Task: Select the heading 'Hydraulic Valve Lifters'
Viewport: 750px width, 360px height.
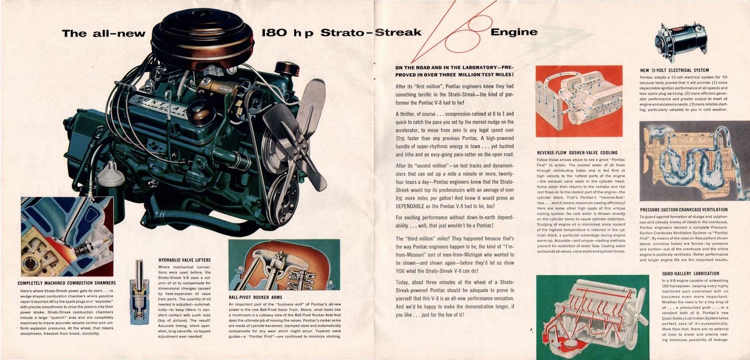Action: [x=184, y=260]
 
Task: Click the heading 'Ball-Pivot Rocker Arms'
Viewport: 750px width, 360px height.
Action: [x=255, y=297]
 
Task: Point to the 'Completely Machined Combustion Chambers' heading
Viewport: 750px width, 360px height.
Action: [x=67, y=283]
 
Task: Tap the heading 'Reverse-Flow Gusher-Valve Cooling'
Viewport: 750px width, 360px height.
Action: [x=577, y=153]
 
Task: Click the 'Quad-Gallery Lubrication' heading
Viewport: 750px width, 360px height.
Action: [x=690, y=273]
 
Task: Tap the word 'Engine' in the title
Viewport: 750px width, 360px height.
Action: [x=514, y=32]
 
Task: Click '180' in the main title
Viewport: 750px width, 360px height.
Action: [x=274, y=33]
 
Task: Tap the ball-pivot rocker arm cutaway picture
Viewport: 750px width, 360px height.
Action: [x=284, y=265]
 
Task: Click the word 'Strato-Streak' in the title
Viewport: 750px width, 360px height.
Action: [x=371, y=32]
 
